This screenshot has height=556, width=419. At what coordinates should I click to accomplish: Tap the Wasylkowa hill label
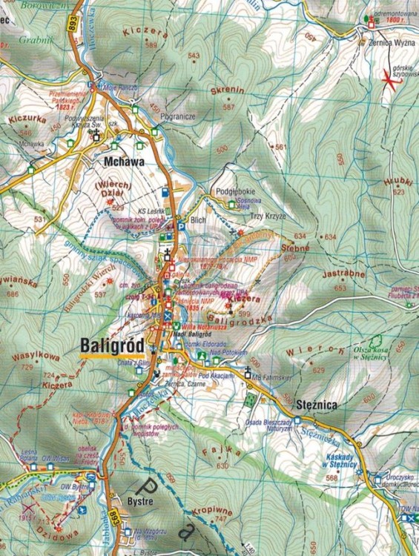[x=35, y=357]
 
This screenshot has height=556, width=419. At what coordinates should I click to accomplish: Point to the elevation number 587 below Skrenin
[x=228, y=107]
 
